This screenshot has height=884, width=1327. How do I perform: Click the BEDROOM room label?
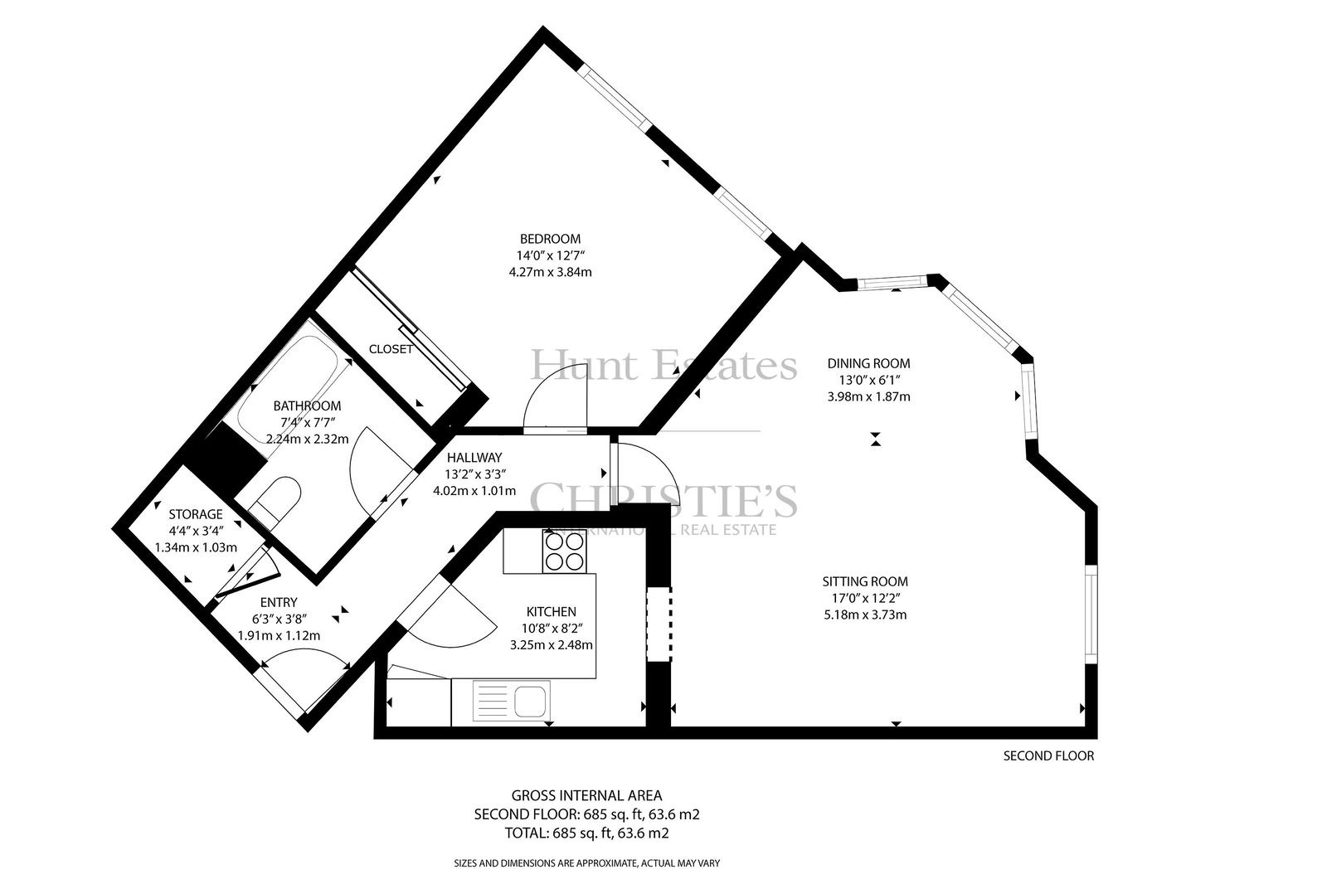[x=550, y=239]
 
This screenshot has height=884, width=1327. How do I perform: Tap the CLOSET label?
[x=391, y=349]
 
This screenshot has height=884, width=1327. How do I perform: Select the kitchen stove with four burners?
[x=565, y=551]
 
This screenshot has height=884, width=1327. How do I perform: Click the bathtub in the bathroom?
[x=289, y=390]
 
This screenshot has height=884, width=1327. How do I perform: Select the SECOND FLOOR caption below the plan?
[x=1048, y=756]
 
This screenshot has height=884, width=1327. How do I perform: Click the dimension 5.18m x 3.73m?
[x=865, y=614]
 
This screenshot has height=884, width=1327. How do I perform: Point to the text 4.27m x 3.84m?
[x=551, y=272]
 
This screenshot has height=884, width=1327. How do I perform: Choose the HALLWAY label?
[x=474, y=458]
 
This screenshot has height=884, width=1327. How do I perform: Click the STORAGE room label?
[x=196, y=514]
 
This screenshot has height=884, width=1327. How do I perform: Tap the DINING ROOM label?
[x=868, y=363]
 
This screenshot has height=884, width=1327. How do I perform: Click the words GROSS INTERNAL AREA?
[x=586, y=796]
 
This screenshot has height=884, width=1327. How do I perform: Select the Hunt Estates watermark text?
[x=663, y=366]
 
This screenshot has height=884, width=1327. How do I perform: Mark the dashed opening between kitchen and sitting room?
[x=659, y=624]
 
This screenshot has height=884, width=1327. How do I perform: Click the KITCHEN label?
[x=551, y=611]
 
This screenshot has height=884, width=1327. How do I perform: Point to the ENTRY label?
[x=279, y=603]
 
